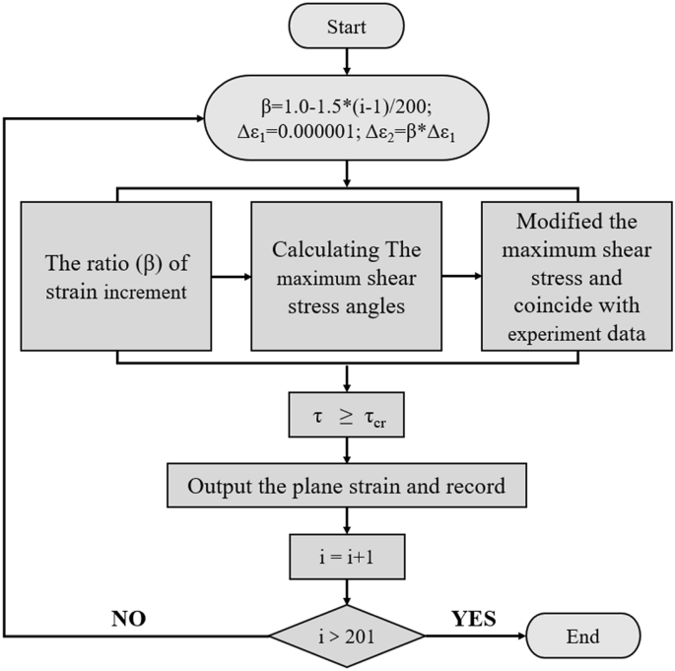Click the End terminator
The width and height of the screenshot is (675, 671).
pyautogui.click(x=583, y=636)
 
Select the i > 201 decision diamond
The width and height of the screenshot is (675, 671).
pyautogui.click(x=347, y=636)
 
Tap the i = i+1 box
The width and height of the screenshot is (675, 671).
pyautogui.click(x=347, y=558)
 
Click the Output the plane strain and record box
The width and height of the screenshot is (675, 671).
pyautogui.click(x=347, y=487)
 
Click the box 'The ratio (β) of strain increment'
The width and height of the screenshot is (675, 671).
pyautogui.click(x=118, y=277)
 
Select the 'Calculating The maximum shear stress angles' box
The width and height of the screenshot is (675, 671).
pyautogui.click(x=347, y=277)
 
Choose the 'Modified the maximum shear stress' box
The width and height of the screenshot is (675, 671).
pyautogui.click(x=576, y=277)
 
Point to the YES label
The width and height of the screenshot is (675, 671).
pyautogui.click(x=474, y=619)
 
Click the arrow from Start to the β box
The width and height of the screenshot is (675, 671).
pyautogui.click(x=347, y=61)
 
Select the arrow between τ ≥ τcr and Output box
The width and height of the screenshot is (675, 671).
pyautogui.click(x=347, y=450)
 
